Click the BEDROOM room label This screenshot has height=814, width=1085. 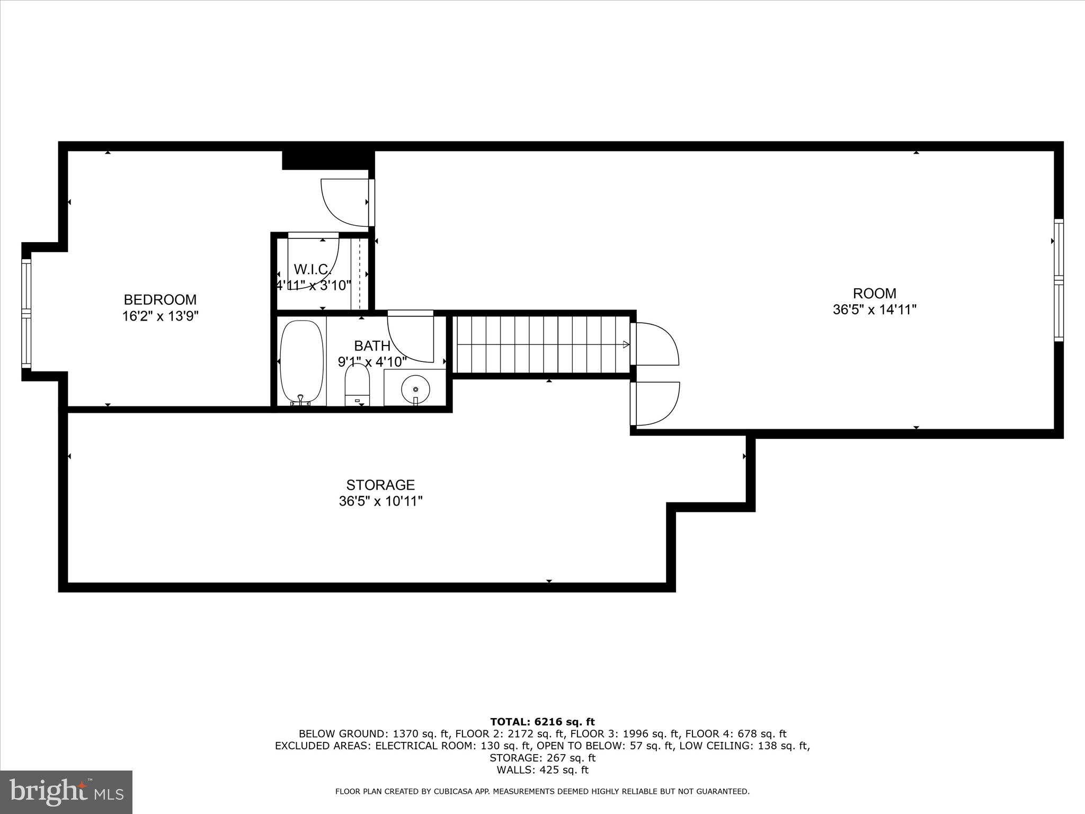tap(160, 299)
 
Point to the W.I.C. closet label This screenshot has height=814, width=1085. tap(312, 269)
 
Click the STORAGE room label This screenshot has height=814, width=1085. tap(380, 485)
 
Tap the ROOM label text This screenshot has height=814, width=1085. tap(874, 293)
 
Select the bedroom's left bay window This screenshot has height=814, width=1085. tap(26, 313)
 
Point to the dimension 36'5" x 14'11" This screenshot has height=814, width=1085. tap(874, 309)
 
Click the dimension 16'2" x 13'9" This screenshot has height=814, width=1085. tap(160, 316)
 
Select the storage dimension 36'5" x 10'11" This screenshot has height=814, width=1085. tap(380, 501)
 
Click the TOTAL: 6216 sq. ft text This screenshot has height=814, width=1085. tap(542, 722)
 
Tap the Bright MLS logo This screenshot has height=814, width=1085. tap(66, 791)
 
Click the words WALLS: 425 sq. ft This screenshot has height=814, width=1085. tap(542, 770)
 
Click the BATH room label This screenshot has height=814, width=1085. tap(372, 346)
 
